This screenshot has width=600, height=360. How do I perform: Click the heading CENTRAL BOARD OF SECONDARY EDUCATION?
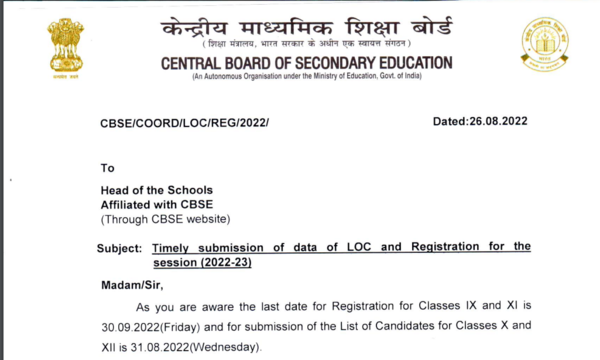click(306, 63)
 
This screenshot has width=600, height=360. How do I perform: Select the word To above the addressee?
click(108, 167)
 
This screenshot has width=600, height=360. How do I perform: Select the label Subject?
click(123, 247)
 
